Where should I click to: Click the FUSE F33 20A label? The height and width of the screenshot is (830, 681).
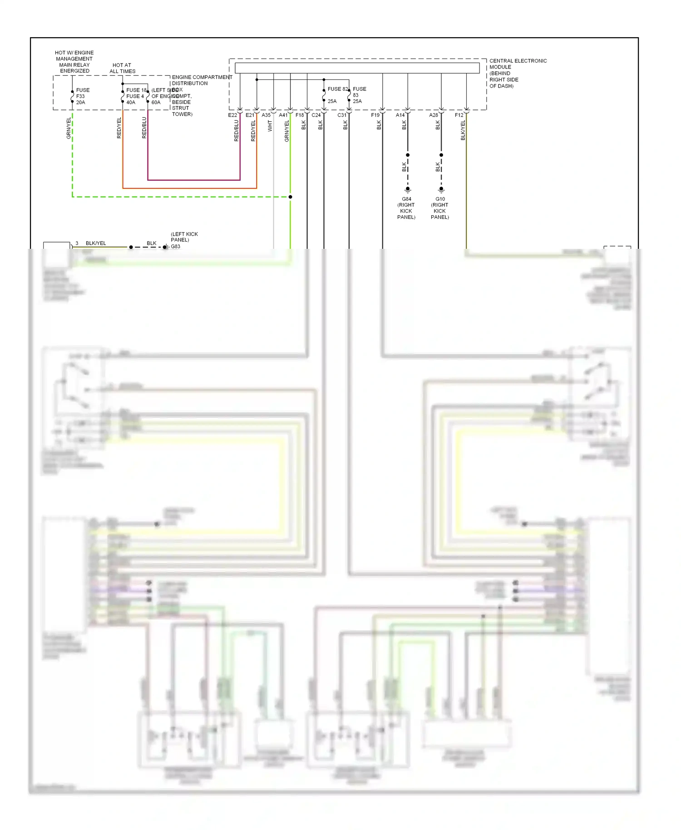pyautogui.click(x=82, y=96)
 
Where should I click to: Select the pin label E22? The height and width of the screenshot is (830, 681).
pyautogui.click(x=232, y=115)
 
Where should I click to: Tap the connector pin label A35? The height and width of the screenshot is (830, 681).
pyautogui.click(x=266, y=115)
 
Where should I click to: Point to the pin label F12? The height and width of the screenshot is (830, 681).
pyautogui.click(x=459, y=115)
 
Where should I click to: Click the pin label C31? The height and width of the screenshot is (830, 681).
pyautogui.click(x=342, y=115)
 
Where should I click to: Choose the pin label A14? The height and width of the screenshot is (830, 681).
pyautogui.click(x=400, y=115)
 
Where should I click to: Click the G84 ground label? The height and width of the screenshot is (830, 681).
pyautogui.click(x=406, y=199)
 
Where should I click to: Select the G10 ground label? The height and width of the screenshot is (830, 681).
pyautogui.click(x=440, y=199)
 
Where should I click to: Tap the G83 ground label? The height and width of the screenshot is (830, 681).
pyautogui.click(x=176, y=247)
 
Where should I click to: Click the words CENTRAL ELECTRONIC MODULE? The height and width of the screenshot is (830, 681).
pyautogui.click(x=518, y=64)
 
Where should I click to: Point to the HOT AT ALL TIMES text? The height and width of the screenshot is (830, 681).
pyautogui.click(x=122, y=68)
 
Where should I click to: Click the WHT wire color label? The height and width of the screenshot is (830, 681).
pyautogui.click(x=270, y=126)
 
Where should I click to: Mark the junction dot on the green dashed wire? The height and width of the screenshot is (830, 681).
pyautogui.click(x=290, y=197)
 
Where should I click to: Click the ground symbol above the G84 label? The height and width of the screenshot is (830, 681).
pyautogui.click(x=408, y=190)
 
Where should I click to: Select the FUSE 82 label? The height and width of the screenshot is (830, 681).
pyautogui.click(x=338, y=89)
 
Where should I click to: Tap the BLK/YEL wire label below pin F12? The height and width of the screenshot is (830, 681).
pyautogui.click(x=463, y=130)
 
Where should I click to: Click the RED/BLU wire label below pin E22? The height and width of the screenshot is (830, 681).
pyautogui.click(x=236, y=131)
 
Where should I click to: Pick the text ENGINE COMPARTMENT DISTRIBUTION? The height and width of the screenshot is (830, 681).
pyautogui.click(x=202, y=80)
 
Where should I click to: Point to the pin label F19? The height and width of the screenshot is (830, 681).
pyautogui.click(x=375, y=115)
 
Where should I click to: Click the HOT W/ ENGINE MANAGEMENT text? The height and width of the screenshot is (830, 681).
pyautogui.click(x=74, y=56)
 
